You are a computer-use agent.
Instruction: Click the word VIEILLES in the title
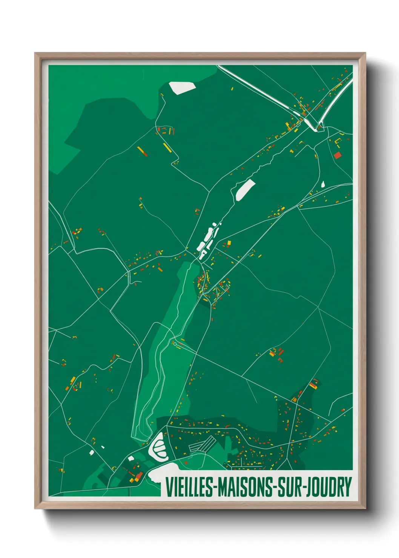(x=190, y=487)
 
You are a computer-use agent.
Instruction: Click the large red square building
(x=337, y=155)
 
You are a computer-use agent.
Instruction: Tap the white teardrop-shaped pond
(x=323, y=184)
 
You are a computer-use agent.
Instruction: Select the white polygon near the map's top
(x=182, y=87)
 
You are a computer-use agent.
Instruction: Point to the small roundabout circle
(x=175, y=344)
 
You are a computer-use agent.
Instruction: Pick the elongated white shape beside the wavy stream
(x=245, y=190)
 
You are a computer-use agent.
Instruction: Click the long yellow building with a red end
(x=142, y=151)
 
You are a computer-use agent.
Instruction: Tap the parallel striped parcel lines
(x=202, y=445)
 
